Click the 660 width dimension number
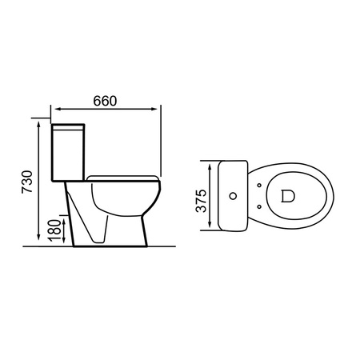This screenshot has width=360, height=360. (104, 101)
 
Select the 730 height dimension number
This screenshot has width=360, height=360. (28, 182)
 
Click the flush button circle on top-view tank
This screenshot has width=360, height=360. (234, 194)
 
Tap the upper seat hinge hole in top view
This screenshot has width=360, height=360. (261, 185)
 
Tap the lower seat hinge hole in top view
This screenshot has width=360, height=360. (261, 205)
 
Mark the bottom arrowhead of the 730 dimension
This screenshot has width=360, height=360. (39, 242)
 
